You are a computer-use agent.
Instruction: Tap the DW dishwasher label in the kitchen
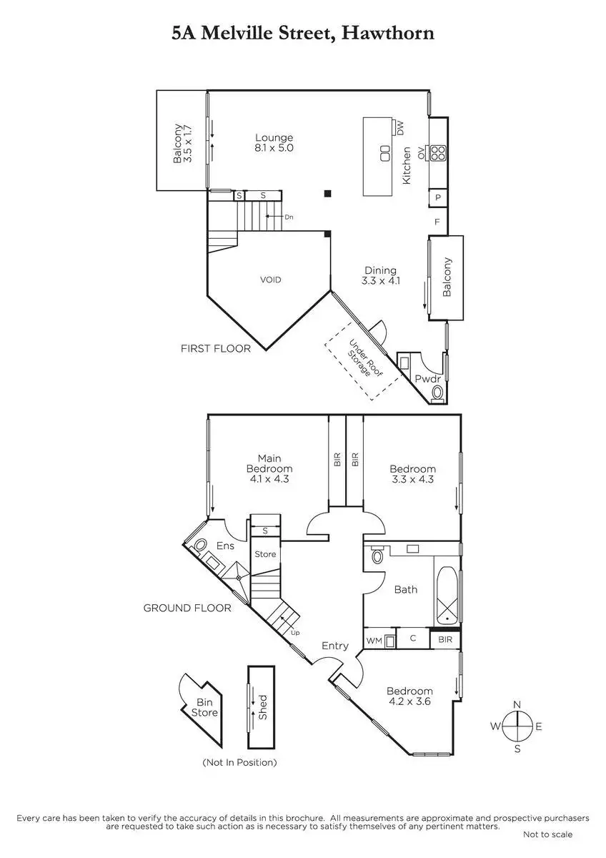(400, 128)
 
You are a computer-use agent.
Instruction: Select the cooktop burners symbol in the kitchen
(437, 152)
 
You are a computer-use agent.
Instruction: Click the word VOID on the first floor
(270, 280)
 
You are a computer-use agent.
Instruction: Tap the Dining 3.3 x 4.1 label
(380, 275)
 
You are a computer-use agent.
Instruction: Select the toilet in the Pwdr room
(437, 393)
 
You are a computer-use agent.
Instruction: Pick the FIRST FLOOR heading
(216, 349)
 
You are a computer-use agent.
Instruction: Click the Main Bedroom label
(269, 468)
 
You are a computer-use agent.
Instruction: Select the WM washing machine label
(374, 640)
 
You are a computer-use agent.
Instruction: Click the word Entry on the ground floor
(334, 646)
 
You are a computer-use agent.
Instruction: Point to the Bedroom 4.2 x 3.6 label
(409, 696)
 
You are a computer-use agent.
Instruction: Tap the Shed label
(262, 708)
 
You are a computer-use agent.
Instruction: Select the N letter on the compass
(516, 704)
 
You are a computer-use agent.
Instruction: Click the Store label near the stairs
(265, 554)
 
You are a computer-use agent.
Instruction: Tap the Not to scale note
(547, 834)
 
